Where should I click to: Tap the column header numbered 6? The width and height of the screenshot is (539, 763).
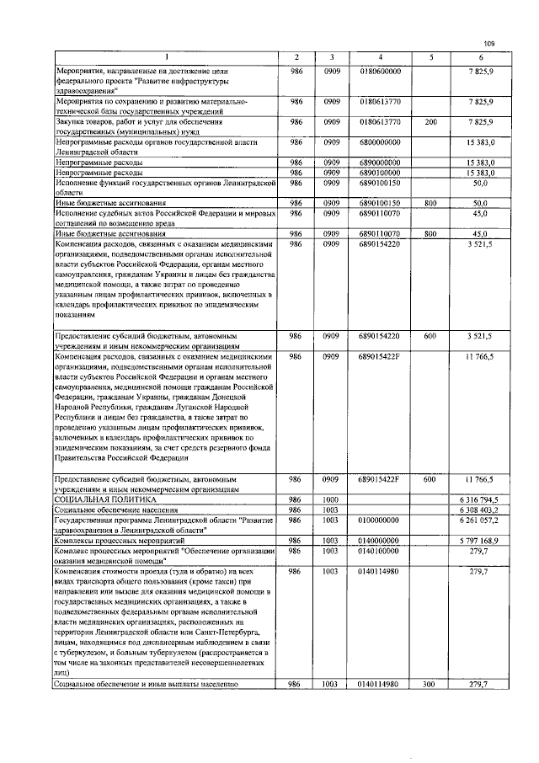tap(479, 56)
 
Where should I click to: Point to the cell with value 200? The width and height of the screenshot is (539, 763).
tap(430, 122)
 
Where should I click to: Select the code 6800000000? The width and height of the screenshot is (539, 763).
tap(380, 142)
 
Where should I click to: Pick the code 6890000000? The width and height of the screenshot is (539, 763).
tap(380, 162)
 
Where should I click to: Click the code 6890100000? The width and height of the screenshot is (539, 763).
tap(380, 172)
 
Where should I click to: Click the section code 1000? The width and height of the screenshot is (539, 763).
tap(330, 499)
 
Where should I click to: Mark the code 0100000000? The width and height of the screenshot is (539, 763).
tap(380, 520)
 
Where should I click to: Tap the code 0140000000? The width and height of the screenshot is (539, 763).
tap(380, 540)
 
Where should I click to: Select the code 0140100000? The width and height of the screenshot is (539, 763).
tap(380, 550)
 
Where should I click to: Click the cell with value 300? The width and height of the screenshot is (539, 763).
tap(430, 684)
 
